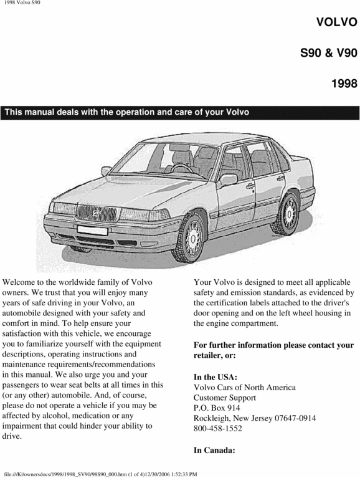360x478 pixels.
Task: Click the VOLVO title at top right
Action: pyautogui.click(x=336, y=22)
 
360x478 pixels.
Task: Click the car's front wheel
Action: pyautogui.click(x=191, y=239)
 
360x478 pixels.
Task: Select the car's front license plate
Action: pyautogui.click(x=93, y=230)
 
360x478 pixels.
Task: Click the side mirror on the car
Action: pyautogui.click(x=229, y=180)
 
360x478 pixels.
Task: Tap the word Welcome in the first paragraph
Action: pyautogui.click(x=23, y=282)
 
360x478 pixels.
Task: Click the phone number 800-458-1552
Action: pyautogui.click(x=218, y=429)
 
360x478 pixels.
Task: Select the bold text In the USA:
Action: pyautogui.click(x=216, y=376)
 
